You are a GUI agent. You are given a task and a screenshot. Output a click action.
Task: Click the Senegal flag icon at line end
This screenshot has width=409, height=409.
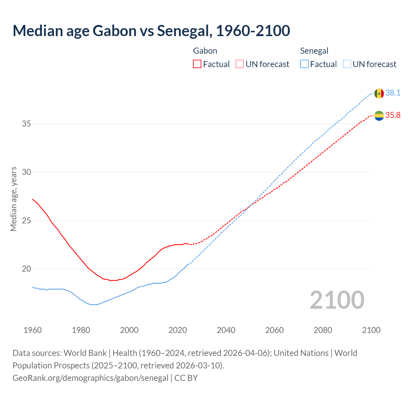[x=379, y=93]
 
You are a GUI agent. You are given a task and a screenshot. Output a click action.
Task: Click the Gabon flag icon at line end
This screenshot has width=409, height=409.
[x=379, y=116]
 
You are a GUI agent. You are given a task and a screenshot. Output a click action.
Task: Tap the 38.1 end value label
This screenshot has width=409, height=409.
[x=393, y=93]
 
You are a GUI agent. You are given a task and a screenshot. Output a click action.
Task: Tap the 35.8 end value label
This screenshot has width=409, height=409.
[x=393, y=115]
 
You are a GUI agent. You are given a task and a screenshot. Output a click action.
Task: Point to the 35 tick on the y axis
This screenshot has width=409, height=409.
[x=26, y=124]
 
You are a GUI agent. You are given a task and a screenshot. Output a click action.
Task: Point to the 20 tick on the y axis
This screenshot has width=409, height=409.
[x=26, y=269]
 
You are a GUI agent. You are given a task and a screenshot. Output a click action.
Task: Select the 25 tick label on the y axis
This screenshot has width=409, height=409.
[x=26, y=220]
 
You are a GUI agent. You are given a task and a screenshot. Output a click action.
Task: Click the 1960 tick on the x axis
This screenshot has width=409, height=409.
[x=33, y=330]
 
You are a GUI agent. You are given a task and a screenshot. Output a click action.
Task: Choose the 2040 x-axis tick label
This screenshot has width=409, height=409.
[x=226, y=330]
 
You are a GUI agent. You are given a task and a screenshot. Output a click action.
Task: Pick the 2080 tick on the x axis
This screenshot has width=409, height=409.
[x=323, y=330]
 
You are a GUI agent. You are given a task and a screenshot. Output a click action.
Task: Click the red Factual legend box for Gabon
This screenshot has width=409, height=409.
[x=197, y=64]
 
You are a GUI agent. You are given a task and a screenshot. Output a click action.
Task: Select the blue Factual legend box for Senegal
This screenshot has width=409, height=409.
[x=305, y=64]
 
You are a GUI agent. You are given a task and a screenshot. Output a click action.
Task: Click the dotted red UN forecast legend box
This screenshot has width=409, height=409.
[x=240, y=64]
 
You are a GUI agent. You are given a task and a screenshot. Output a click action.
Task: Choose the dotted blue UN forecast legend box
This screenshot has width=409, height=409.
[x=347, y=64]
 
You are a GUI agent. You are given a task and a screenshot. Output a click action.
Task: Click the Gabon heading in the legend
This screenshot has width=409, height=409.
[x=205, y=51]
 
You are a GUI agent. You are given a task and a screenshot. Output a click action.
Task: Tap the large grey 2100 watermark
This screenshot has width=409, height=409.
[x=337, y=300]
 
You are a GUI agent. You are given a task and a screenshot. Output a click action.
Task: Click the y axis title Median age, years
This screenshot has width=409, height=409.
[x=13, y=199]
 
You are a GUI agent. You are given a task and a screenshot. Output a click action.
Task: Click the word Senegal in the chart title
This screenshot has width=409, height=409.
[x=183, y=31]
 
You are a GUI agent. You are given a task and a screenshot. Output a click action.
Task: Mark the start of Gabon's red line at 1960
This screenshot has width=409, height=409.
[x=33, y=199]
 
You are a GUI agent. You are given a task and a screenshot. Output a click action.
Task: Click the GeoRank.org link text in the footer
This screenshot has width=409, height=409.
[x=90, y=378]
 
